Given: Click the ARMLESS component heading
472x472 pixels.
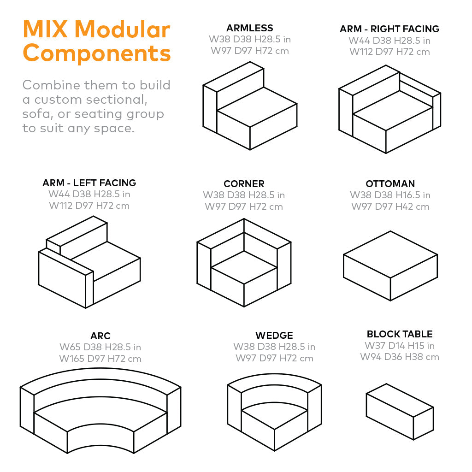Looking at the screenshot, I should tap(250, 28).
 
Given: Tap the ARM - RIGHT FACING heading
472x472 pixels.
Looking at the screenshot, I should tap(389, 29).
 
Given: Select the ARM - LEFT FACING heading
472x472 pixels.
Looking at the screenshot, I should tap(89, 183).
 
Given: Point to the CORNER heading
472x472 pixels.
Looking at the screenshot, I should tap(244, 184).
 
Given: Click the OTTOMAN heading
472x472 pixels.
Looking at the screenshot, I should tap(390, 184).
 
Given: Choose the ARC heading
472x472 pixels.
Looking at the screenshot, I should tap(100, 336).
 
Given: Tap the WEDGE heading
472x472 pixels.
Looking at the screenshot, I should tap(274, 335).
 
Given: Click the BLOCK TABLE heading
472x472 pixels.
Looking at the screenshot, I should tap(400, 334).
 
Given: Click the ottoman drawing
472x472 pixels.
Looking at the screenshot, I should tap(390, 265).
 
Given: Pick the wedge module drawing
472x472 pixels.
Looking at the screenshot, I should tap(274, 410).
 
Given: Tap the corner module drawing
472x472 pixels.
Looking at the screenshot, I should tap(244, 263).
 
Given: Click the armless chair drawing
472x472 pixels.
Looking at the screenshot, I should tap(250, 106).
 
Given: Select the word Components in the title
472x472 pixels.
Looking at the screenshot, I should tap(97, 53).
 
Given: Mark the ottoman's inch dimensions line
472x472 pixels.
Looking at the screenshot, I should tap(390, 195).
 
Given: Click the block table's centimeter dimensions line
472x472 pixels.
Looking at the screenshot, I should tap(400, 357).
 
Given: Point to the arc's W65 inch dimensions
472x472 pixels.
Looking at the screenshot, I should tap(100, 347).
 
